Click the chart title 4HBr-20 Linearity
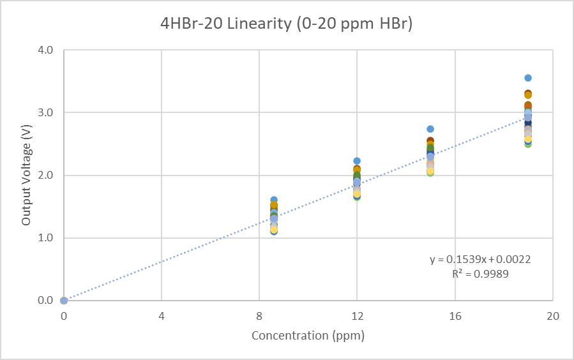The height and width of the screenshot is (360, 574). coord(287,24)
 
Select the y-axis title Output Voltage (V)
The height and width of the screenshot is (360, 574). coord(26,174)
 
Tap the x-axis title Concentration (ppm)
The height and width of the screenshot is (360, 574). coord(308,335)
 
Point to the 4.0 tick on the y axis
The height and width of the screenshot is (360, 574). coord(45,50)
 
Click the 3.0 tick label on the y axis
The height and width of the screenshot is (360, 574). coord(45,112)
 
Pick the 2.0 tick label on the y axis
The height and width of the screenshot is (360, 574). coord(45,175)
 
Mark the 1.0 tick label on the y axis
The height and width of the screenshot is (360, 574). coord(45,237)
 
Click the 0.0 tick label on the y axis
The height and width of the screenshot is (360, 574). coord(45,300)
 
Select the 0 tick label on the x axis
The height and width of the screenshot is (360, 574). coord(64,316)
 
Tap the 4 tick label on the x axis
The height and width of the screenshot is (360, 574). coord(162,316)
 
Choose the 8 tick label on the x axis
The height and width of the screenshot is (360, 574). coord(259,316)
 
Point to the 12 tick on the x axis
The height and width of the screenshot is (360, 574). coord(357,316)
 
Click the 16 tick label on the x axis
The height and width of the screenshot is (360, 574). coord(455,316)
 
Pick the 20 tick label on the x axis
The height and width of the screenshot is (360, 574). coord(553,316)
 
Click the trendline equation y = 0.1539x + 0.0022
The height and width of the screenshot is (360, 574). coord(480,259)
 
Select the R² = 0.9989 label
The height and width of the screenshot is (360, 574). coord(480,274)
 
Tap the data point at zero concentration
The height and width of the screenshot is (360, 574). coord(64,300)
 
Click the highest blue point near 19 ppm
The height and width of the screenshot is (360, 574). coord(528,78)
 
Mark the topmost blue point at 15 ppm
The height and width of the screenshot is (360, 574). coord(430,129)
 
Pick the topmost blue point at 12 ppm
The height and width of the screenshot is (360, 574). coord(357,161)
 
